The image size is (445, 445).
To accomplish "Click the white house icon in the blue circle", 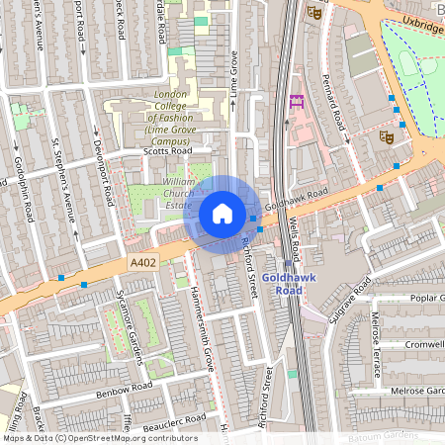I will (x=222, y=214).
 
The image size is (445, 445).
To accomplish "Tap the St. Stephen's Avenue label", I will (x=63, y=176).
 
